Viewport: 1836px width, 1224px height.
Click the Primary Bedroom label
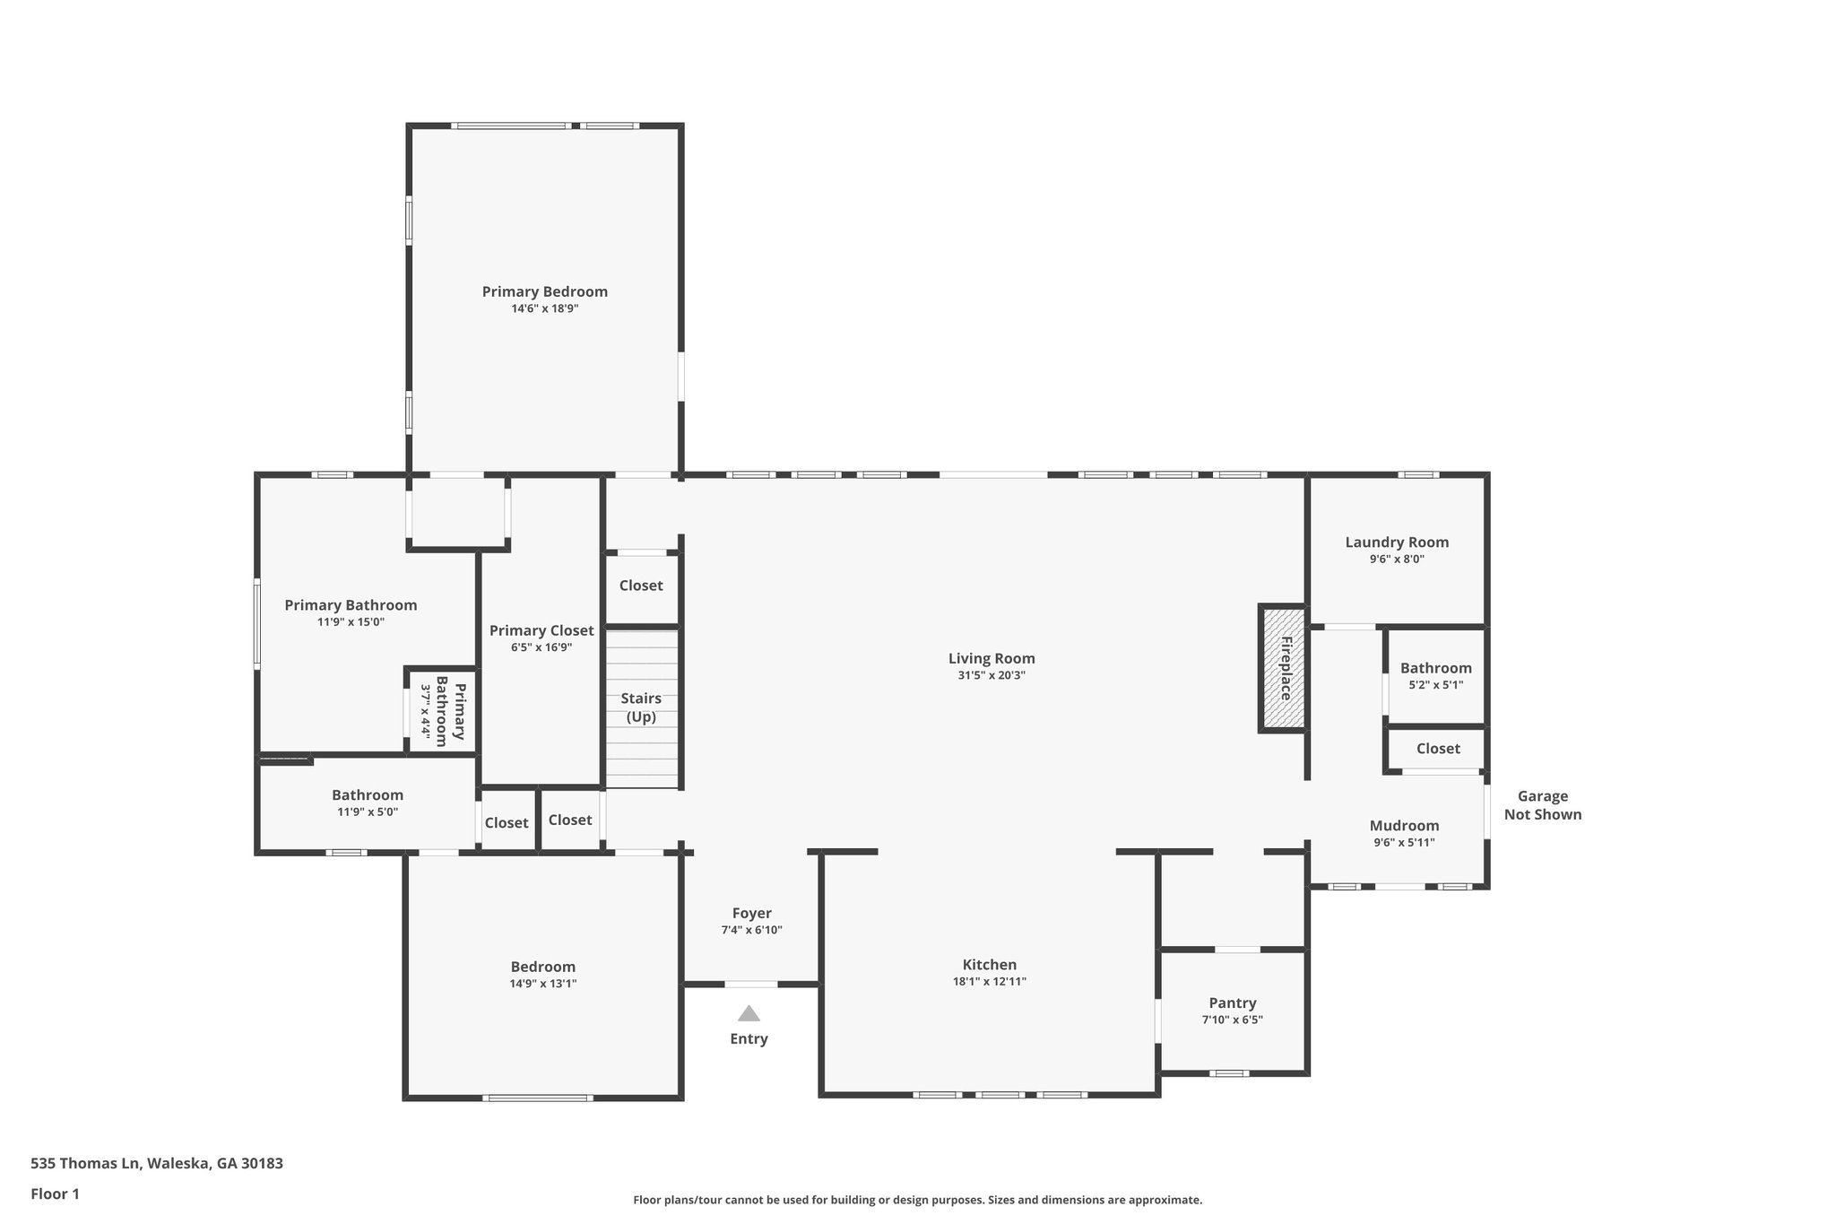544,291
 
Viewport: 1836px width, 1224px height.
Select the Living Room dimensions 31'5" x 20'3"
991,676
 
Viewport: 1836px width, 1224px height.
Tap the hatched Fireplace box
1283,668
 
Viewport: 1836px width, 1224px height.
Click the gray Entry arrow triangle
749,1013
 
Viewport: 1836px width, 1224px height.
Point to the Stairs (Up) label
641,707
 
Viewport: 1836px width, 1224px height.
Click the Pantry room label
1232,1003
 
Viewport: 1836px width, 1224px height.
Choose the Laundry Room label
1396,542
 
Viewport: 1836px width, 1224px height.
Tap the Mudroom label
1404,826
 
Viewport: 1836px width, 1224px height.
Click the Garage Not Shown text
1542,805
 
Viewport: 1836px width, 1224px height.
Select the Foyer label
751,914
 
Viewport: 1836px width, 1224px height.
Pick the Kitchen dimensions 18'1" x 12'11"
989,982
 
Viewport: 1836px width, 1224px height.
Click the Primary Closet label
541,630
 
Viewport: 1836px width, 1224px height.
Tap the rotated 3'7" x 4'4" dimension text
427,715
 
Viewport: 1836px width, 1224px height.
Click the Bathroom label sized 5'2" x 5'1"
1435,668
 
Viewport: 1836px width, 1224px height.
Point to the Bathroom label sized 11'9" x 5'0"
367,795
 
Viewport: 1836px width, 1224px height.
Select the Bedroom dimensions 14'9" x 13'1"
542,984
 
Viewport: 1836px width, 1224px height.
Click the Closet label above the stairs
641,586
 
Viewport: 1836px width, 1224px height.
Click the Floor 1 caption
55,1194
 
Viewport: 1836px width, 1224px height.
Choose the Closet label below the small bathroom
1437,749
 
